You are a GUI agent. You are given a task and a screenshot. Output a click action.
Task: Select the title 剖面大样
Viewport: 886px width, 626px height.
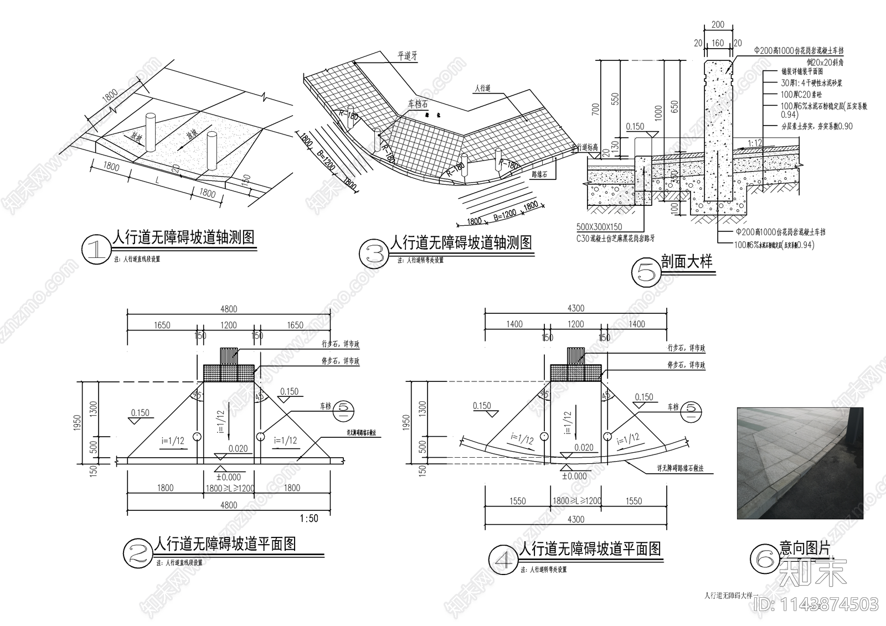686,262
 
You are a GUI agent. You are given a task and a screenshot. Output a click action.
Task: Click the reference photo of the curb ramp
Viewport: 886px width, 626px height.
800,463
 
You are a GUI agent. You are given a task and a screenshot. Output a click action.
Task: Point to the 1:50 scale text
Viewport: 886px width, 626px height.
308,519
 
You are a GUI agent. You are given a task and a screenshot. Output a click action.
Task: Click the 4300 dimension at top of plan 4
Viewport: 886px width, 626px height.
575,308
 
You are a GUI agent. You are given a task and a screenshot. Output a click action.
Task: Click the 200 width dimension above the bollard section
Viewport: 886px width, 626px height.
717,24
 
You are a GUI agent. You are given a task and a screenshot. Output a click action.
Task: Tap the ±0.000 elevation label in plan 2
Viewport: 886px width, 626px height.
228,477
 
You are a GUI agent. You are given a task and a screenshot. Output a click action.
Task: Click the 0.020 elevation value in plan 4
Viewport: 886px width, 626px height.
584,447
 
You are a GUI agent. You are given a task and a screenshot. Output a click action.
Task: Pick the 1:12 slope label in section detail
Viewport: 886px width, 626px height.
755,143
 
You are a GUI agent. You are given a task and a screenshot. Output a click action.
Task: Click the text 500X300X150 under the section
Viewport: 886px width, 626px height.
599,227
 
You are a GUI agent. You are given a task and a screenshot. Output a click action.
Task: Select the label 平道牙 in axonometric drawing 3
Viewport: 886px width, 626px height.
407,56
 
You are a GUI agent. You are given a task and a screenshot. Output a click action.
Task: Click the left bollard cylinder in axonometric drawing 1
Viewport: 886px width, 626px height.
151,132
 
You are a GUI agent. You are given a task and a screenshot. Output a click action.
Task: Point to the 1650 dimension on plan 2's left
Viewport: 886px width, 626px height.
162,325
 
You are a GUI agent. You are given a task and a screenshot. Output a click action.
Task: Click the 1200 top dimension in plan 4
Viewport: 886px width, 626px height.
575,324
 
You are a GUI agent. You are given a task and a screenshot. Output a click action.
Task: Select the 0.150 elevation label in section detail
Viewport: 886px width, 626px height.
635,127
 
